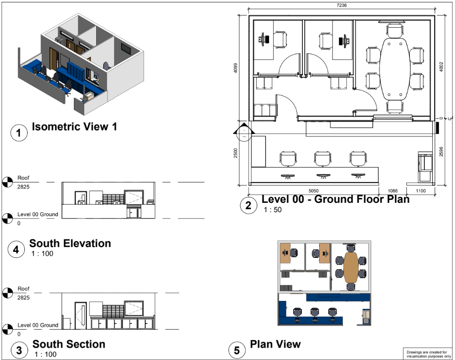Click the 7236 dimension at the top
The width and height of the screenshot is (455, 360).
[341, 5]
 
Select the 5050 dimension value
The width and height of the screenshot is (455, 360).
[313, 191]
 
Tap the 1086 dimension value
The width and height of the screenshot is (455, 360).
[393, 191]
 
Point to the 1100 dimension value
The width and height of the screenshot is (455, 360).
[421, 191]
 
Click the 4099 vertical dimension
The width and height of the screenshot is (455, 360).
[235, 68]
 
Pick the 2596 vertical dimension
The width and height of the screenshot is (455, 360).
[441, 152]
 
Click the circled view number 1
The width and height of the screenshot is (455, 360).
[19, 133]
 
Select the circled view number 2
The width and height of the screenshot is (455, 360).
[248, 205]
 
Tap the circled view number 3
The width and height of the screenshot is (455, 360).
[19, 350]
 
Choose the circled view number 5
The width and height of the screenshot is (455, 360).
[237, 350]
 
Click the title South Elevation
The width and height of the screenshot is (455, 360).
[70, 243]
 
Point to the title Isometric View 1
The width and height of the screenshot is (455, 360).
[74, 126]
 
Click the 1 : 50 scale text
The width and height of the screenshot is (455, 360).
[273, 210]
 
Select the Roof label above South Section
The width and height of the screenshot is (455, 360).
[23, 289]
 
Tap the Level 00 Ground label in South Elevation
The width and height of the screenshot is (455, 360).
[38, 214]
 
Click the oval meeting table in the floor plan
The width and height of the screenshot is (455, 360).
[395, 68]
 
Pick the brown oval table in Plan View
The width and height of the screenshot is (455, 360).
[351, 267]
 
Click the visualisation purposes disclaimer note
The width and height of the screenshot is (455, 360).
[427, 354]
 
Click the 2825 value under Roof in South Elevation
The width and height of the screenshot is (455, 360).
[23, 186]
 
